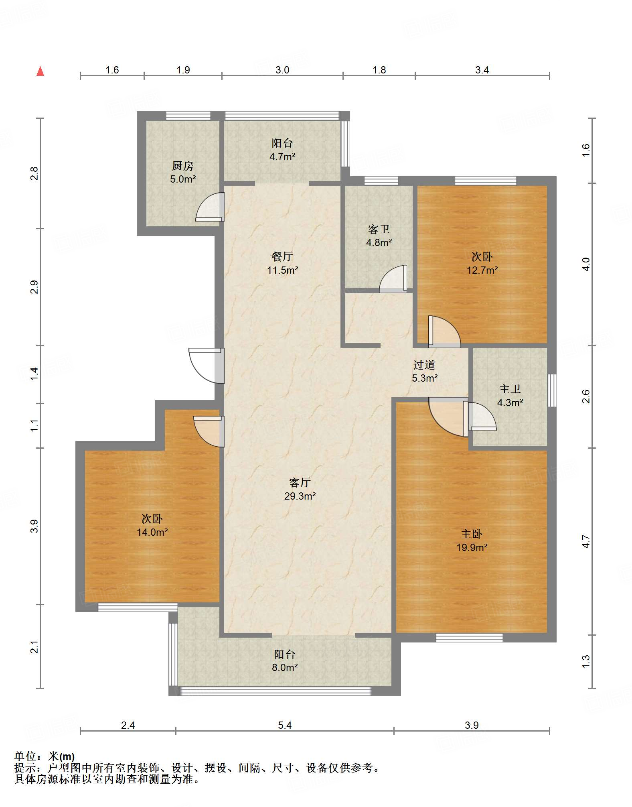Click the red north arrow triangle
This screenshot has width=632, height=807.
tap(40, 71)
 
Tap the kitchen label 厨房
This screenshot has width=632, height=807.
tap(182, 165)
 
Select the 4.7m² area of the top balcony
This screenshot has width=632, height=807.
tap(282, 157)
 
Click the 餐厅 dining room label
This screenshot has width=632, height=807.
tap(282, 256)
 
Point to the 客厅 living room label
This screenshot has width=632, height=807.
tap(300, 482)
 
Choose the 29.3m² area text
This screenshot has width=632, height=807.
tap(300, 496)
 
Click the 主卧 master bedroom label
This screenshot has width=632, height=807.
tap(472, 534)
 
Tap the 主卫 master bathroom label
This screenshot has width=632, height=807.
tap(510, 389)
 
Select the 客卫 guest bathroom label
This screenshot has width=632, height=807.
tap(379, 229)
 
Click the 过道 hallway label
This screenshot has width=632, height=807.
tap(424, 365)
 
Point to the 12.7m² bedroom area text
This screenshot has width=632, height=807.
tap(482, 270)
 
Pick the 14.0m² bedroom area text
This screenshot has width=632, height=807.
tap(152, 532)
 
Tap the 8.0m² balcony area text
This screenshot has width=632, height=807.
tap(285, 667)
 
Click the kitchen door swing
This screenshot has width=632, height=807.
tap(210, 207)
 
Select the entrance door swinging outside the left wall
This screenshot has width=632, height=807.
tap(206, 366)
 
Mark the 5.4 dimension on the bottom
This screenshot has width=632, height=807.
tap(285, 725)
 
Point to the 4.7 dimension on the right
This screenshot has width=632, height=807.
tap(586, 541)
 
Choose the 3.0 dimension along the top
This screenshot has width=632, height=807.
tap(282, 70)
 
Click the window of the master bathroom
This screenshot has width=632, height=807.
tap(552, 390)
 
